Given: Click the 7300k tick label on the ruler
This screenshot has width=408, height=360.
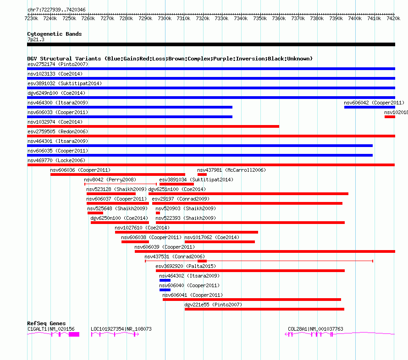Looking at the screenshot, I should tap(164, 18).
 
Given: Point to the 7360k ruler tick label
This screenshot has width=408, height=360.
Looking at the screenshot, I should tap(278, 18).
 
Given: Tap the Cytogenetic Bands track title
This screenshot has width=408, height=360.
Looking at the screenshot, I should tap(55, 34).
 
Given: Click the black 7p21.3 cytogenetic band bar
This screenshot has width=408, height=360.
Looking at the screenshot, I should tap(211, 44).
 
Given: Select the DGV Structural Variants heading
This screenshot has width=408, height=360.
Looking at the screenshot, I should tap(170, 59).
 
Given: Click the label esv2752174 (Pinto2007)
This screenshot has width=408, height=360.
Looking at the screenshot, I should tap(58, 64).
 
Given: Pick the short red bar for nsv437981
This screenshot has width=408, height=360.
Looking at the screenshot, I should tap(202, 175).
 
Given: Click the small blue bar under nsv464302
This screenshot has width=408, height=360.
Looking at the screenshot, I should tap(165, 280).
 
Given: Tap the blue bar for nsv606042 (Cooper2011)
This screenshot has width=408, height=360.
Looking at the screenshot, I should tap(369, 107).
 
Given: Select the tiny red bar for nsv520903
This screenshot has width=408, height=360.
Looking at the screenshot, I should tap(158, 213).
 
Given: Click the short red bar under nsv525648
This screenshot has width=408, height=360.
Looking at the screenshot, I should tap(95, 213).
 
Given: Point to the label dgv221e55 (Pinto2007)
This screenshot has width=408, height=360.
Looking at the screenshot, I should tap(213, 305).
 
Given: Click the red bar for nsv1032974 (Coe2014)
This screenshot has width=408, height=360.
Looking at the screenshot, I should tap(153, 126).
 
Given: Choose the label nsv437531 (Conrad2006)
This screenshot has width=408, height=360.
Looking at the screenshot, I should tap(175, 256).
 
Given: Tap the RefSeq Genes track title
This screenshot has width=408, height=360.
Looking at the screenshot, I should tap(46, 323).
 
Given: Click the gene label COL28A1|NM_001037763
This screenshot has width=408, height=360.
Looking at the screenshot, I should tap(315, 329).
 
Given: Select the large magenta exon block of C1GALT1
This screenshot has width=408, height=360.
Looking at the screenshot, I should tap(74, 334).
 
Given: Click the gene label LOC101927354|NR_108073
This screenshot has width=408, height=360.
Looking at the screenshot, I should tap(121, 329).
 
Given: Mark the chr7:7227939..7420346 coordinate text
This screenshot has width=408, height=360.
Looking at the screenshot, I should tap(56, 10).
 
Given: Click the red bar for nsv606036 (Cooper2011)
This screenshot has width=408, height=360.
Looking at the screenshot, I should tap(118, 175).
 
